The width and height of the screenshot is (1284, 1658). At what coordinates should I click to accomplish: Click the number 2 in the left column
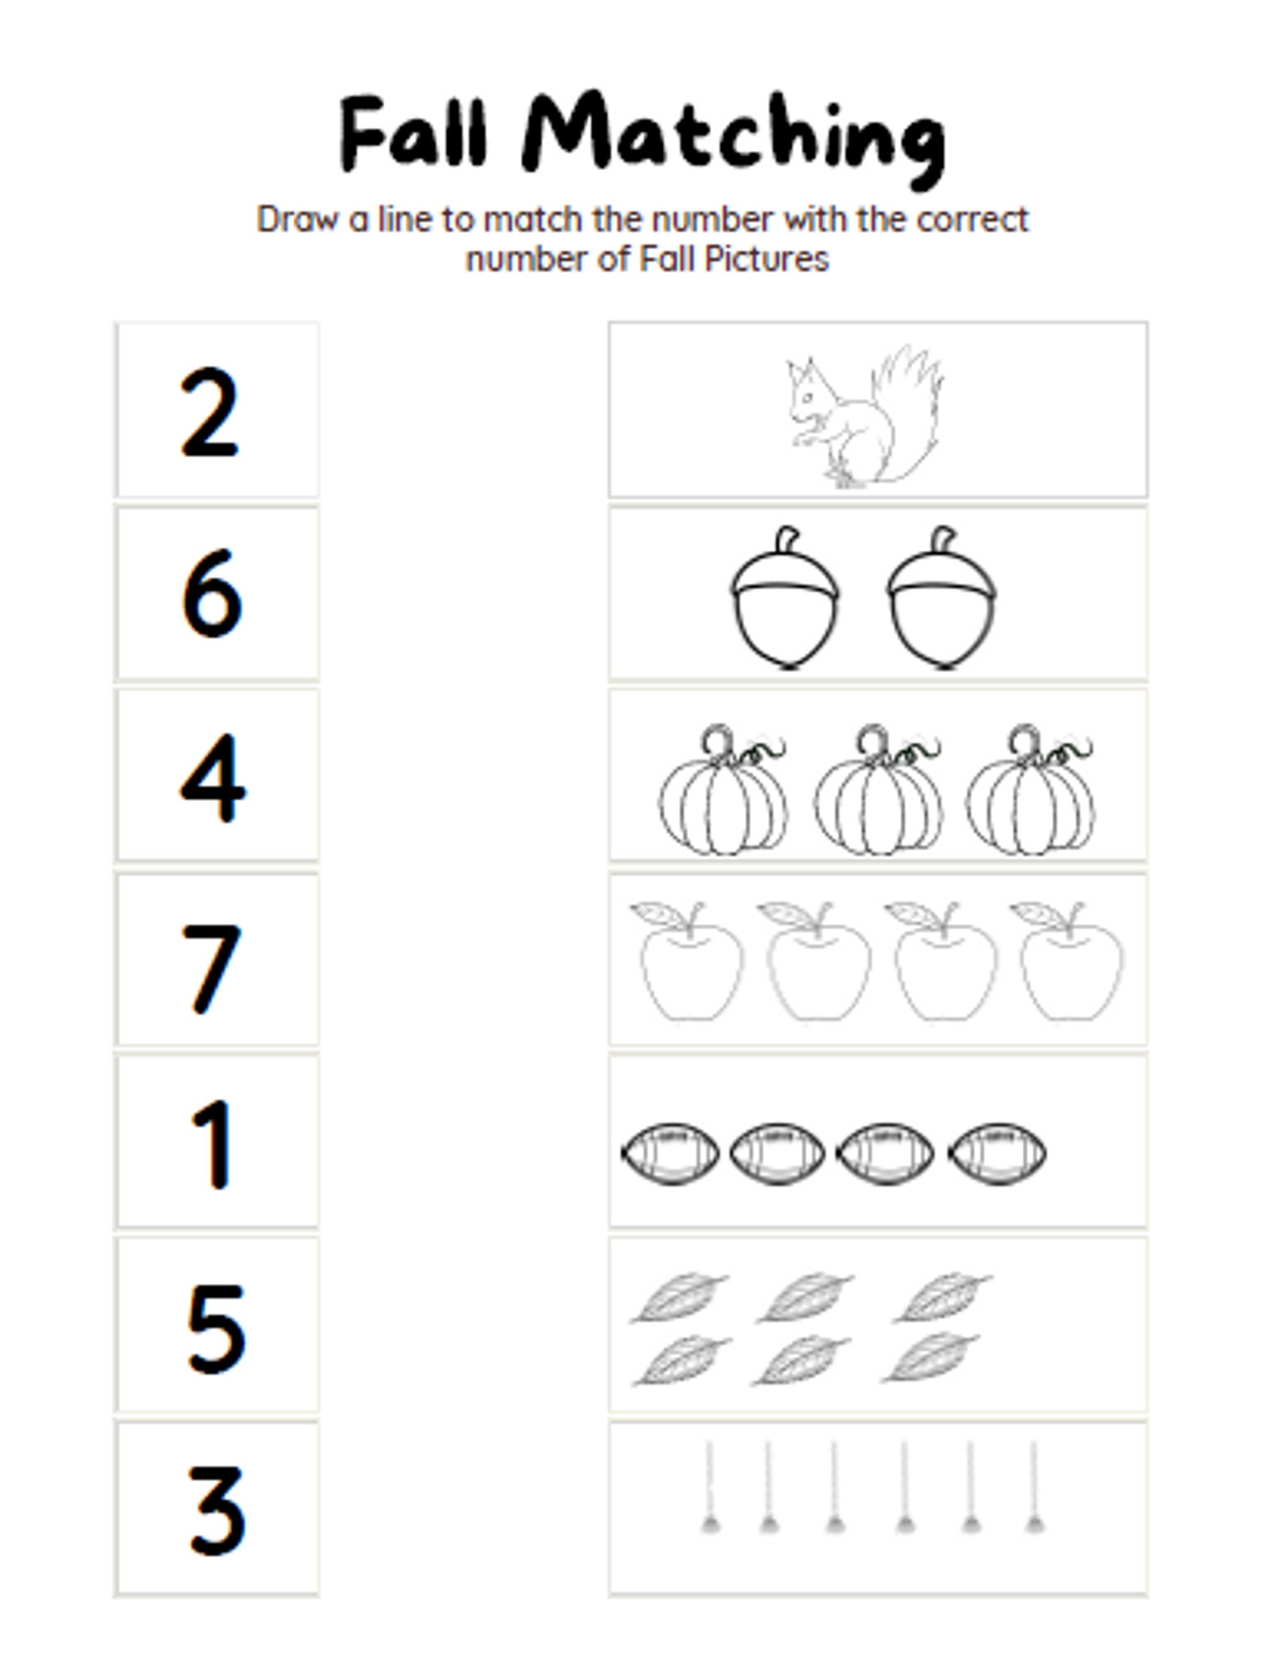coord(210,412)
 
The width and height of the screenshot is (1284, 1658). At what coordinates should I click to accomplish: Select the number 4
coord(213,777)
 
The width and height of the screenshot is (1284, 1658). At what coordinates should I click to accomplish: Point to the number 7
coord(212,968)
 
